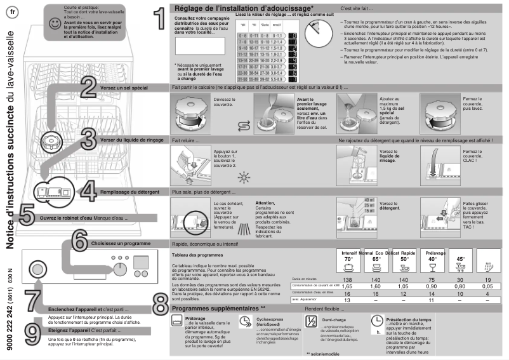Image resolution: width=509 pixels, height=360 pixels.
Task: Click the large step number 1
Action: coord(161,17)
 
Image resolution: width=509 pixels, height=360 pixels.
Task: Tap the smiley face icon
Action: coord(56,23)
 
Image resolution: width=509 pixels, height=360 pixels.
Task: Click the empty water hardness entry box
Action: coord(200,45)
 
